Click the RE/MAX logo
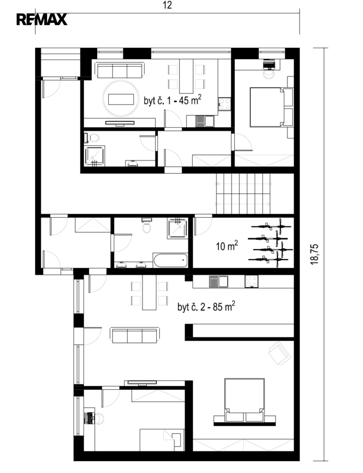click(x=42, y=20)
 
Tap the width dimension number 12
click(x=167, y=5)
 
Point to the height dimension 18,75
click(x=314, y=254)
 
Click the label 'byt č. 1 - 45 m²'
click(x=173, y=100)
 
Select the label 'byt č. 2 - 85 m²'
click(x=206, y=307)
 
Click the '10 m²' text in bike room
click(x=227, y=246)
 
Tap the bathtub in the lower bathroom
click(x=170, y=260)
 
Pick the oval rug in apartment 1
click(x=121, y=99)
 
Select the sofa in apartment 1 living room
click(x=120, y=70)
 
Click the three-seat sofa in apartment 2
click(x=135, y=335)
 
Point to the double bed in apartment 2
click(x=244, y=400)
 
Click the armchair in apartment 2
click(x=280, y=353)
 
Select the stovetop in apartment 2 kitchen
click(x=251, y=282)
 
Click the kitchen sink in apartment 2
click(x=219, y=282)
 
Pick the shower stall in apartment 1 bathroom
click(x=95, y=155)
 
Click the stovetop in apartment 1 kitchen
click(x=225, y=104)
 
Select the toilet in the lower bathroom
click(x=147, y=226)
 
